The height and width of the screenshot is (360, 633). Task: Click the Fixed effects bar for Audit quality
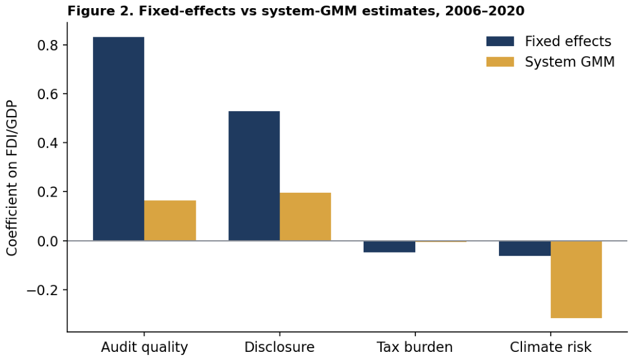point(118,139)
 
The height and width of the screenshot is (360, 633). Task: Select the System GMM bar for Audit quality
point(170,221)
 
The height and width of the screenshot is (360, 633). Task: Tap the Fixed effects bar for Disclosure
point(254,176)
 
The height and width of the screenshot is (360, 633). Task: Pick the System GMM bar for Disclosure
point(305,216)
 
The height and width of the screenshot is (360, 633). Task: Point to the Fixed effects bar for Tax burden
point(389,246)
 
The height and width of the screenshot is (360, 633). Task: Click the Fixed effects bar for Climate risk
point(525,248)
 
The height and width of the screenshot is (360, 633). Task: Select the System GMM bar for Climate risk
point(576,279)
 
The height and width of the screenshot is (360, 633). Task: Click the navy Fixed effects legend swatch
point(500,41)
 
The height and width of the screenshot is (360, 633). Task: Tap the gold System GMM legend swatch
point(500,62)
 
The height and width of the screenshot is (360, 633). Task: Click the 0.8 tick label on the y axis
point(47,45)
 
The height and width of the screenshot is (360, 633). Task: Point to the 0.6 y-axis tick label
point(47,94)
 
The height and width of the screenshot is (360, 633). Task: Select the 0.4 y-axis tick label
point(47,143)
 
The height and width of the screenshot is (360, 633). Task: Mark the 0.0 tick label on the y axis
point(47,241)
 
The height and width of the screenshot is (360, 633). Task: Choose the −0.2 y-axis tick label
point(42,290)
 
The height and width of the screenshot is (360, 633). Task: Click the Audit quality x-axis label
point(144,347)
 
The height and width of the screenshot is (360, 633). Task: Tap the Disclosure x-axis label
point(280,347)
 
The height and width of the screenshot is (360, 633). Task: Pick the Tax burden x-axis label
point(415,347)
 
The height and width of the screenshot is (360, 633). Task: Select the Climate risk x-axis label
point(551,347)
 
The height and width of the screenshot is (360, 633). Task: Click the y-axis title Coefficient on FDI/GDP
point(12,178)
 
